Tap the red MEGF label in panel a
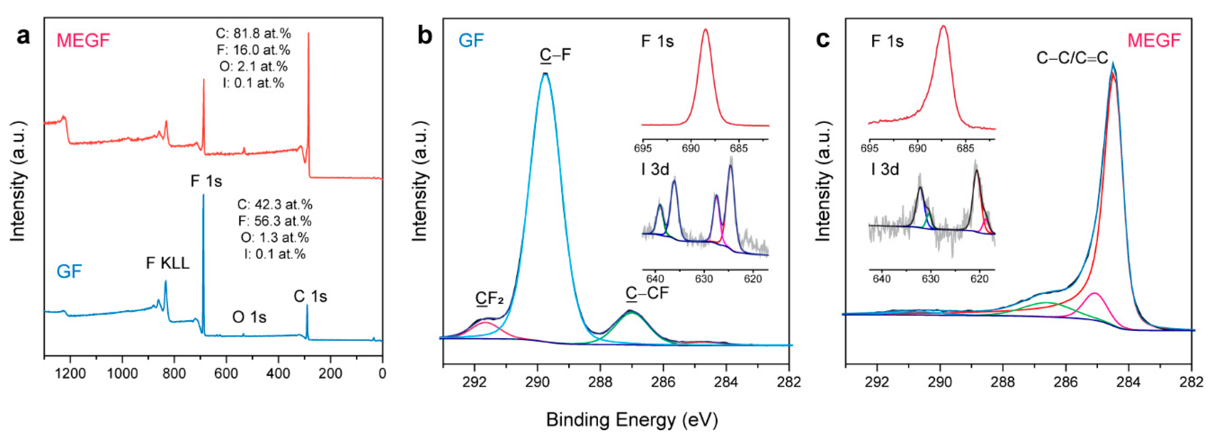[x=83, y=41]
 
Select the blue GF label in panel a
[x=69, y=272]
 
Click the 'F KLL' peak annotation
[x=167, y=263]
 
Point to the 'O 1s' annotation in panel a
[x=249, y=317]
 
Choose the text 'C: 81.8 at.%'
[x=253, y=34]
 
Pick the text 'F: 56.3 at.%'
[x=274, y=221]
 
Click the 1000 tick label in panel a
[x=122, y=374]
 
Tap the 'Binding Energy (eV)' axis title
[x=632, y=419]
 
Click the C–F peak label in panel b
[x=556, y=55]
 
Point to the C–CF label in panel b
[x=647, y=293]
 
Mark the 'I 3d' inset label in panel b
[x=655, y=169]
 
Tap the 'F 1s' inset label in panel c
[x=887, y=42]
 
